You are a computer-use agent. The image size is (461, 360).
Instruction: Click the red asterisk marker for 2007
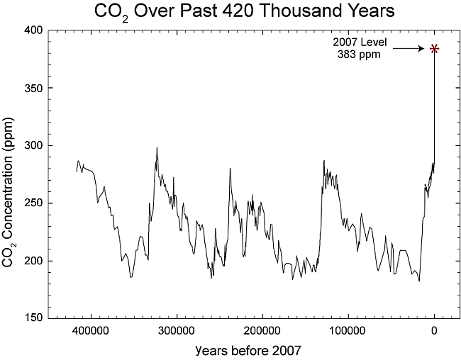coord(434,49)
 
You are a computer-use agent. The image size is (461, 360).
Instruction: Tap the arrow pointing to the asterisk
coord(408,48)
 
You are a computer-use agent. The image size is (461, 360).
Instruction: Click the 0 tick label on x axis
coord(434,331)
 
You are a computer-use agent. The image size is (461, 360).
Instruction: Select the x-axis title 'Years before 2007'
coord(240,349)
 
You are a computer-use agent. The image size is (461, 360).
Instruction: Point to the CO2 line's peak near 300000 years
coord(157,148)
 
